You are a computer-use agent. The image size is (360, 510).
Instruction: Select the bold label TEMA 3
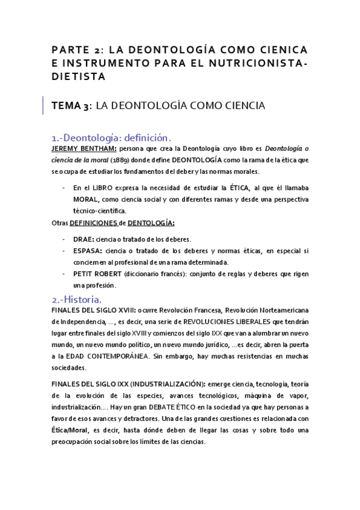coord(70,106)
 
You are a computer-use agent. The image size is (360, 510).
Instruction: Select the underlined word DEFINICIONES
coord(94,223)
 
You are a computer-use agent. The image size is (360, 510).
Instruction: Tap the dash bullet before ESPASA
coord(64,250)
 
